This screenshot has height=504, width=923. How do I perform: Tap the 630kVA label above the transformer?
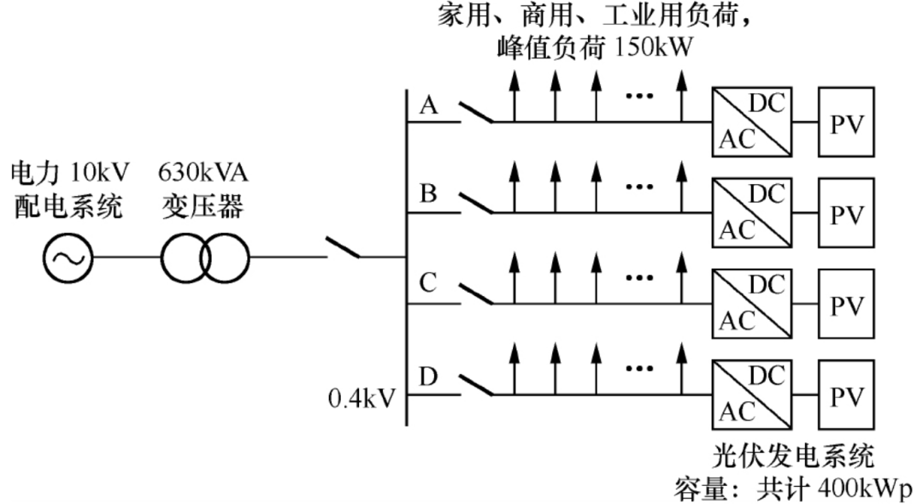point(203,172)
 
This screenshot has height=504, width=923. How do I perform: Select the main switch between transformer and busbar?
point(344,247)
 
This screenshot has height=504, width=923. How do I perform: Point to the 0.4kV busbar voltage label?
point(362,399)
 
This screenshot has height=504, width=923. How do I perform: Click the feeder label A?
point(428,105)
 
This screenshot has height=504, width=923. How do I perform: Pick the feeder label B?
point(428,193)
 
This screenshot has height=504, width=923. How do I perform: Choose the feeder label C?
point(428,282)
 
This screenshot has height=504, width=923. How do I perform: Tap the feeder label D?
point(428,377)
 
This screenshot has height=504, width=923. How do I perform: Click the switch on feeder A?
point(476,113)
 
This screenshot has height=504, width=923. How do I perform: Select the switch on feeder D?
point(476,386)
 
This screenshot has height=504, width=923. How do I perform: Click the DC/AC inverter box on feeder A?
point(752,122)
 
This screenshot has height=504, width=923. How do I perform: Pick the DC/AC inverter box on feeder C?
point(752,304)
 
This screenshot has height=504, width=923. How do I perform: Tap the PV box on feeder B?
point(846,213)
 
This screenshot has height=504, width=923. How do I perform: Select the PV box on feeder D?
point(846,395)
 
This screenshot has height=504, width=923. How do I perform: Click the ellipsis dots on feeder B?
point(640,187)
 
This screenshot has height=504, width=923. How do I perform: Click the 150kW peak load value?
point(654,47)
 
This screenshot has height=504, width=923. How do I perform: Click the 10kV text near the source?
point(99,172)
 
